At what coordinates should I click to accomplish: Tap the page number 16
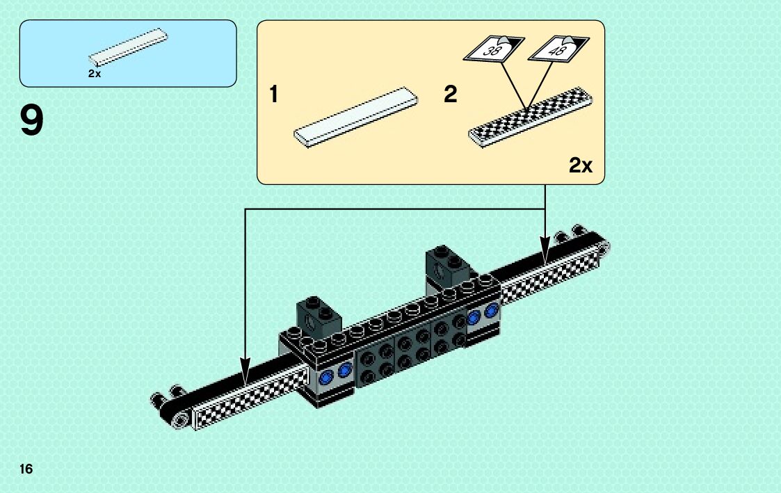click(x=26, y=469)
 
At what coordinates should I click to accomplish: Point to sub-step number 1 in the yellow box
click(x=274, y=94)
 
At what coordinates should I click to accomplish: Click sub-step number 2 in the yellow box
click(x=451, y=94)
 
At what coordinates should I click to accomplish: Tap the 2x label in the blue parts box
click(x=95, y=74)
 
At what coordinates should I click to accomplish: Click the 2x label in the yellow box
click(x=580, y=165)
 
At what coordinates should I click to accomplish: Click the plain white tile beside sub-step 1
click(x=356, y=115)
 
